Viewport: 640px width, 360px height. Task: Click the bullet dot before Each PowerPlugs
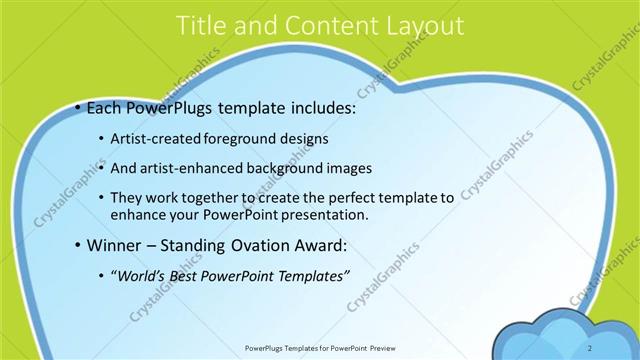coord(78,106)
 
